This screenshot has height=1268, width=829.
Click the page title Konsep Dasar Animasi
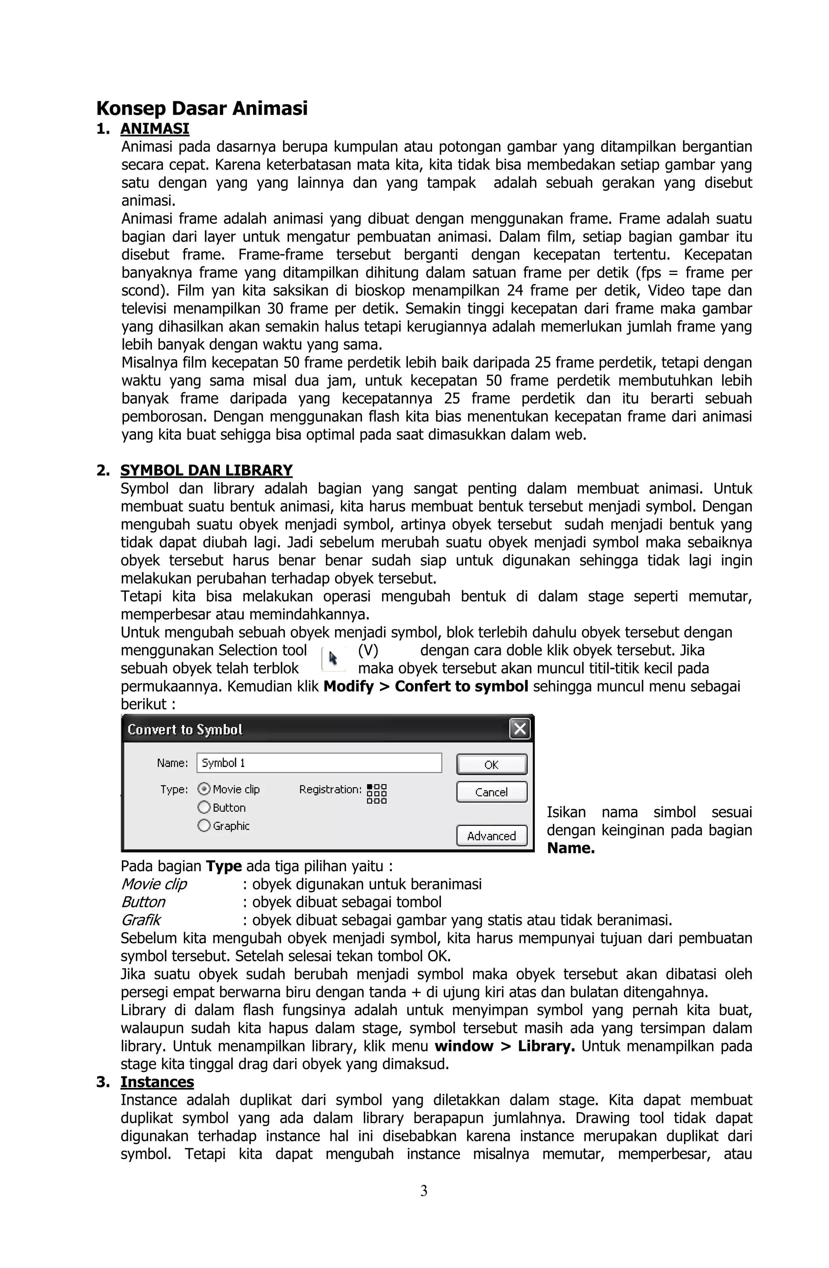click(202, 108)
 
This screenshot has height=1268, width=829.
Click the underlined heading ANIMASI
click(155, 129)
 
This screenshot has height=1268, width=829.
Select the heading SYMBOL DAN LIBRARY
click(206, 470)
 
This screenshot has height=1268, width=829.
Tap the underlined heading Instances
click(157, 1082)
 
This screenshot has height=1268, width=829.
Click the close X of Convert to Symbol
click(519, 729)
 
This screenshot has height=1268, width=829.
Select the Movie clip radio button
click(204, 789)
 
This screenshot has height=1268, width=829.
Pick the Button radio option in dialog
click(204, 807)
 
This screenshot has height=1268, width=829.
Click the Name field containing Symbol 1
click(319, 762)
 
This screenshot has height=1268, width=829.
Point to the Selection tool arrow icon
click(333, 659)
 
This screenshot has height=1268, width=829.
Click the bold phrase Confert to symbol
click(461, 686)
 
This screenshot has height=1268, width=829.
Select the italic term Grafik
click(140, 920)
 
